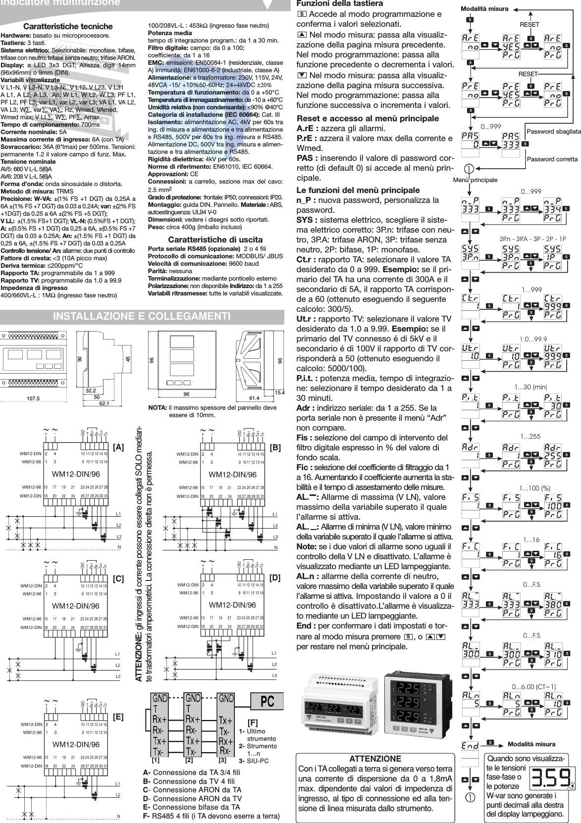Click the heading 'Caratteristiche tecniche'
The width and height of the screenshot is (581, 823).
point(70,26)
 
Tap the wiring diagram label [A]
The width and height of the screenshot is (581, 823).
point(118,447)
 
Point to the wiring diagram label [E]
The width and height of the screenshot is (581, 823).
point(118,716)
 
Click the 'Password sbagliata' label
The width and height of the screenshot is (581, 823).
point(553,132)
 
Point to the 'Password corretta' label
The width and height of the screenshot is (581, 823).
point(552,159)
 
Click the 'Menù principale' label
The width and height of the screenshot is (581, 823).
point(475,180)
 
